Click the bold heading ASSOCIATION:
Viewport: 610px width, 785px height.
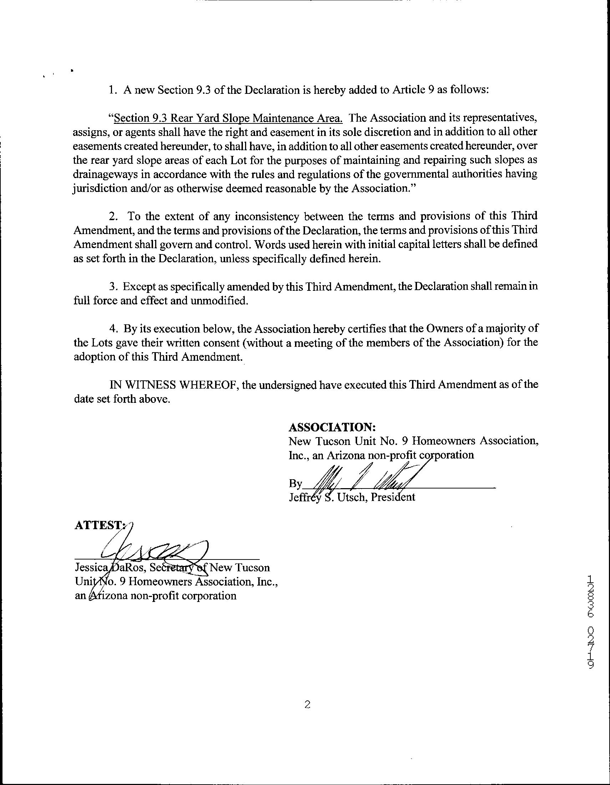(332, 427)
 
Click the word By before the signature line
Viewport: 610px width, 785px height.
(295, 484)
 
